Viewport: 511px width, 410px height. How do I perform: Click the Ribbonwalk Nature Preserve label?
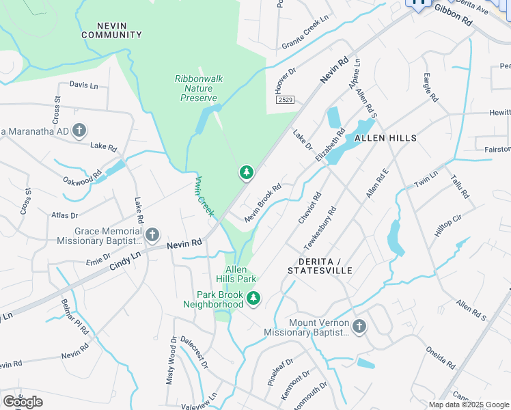coord(198,88)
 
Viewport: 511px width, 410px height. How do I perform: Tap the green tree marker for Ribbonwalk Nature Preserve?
coord(246,173)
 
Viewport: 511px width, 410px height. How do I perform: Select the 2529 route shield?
coord(286,100)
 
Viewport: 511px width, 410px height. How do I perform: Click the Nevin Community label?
coord(111,29)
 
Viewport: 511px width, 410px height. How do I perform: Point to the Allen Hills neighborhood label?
coord(385,138)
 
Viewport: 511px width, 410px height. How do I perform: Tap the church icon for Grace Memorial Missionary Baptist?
coord(152,236)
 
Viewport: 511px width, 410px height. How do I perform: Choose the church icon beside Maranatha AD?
coord(79,130)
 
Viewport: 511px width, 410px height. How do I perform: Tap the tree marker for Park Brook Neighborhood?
coord(253,299)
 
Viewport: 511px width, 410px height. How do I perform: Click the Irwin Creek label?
coord(205,196)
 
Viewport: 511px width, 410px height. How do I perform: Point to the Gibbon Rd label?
coord(453,21)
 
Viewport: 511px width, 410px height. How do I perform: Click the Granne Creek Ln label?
coord(305,35)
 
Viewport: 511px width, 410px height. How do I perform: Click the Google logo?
coord(23,402)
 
